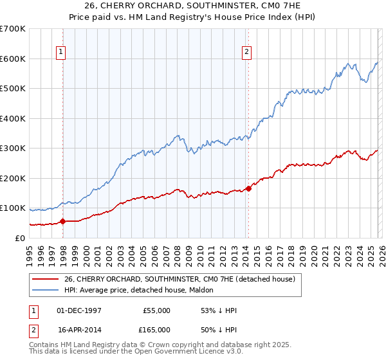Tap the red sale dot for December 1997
(x=62, y=221)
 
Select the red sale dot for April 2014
(x=248, y=188)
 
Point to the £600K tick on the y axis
(x=13, y=59)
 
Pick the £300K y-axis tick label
(x=13, y=148)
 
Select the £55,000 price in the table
(x=156, y=310)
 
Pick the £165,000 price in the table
(x=154, y=329)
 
